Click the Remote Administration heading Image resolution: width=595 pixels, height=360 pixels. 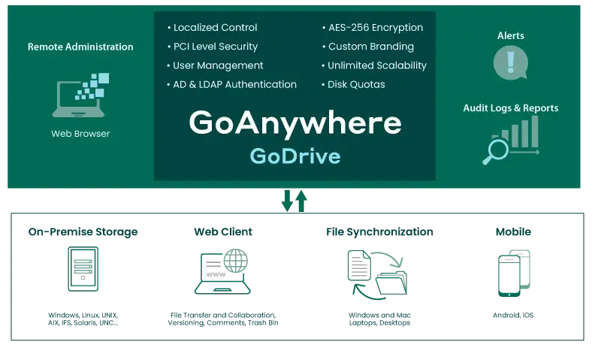click(x=80, y=47)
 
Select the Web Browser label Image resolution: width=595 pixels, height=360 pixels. click(x=80, y=134)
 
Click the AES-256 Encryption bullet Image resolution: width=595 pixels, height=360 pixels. click(x=375, y=28)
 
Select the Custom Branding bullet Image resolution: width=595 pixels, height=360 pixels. click(x=370, y=47)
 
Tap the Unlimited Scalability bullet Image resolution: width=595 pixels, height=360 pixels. click(x=376, y=65)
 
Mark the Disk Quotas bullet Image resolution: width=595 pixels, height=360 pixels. click(x=356, y=84)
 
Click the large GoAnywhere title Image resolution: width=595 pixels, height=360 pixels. click(x=294, y=123)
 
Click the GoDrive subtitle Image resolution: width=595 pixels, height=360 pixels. click(x=294, y=156)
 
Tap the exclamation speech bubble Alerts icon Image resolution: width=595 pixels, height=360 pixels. click(x=510, y=62)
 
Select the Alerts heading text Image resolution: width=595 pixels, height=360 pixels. click(x=510, y=35)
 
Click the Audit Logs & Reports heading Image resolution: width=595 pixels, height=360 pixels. click(x=510, y=108)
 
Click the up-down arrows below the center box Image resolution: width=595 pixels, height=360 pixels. click(x=294, y=201)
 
